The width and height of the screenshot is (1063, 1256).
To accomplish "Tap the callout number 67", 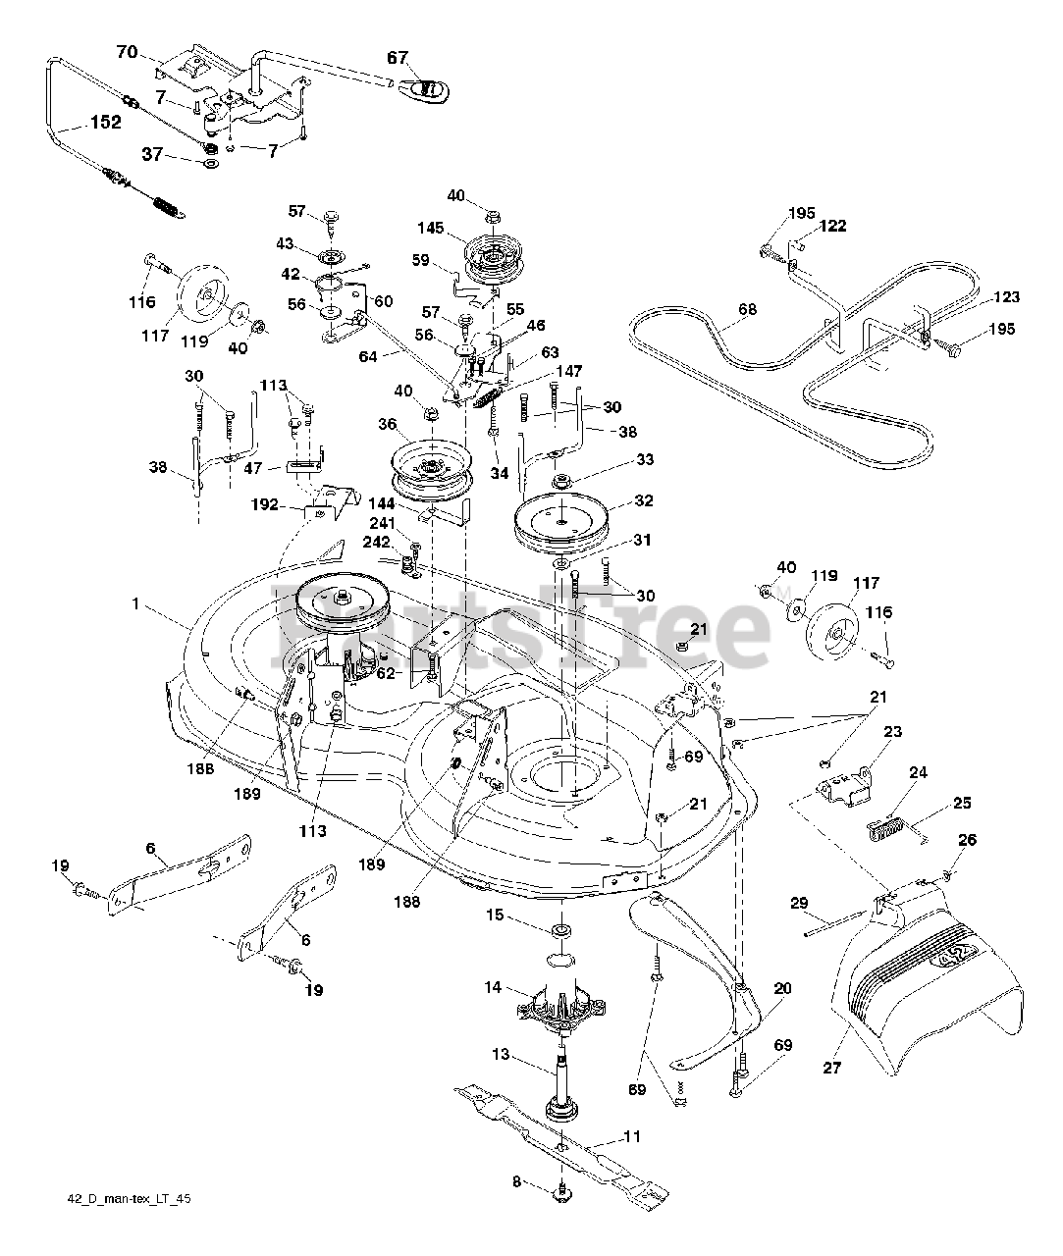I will coord(397,58).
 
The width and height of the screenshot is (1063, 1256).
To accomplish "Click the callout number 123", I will coord(1005,296).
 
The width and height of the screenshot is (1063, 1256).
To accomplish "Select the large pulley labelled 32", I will coord(559,519).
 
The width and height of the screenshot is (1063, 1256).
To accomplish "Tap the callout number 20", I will coord(781,988).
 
